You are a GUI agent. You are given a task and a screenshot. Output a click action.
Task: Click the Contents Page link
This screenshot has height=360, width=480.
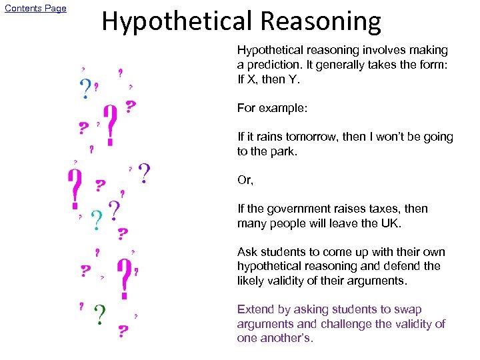35,9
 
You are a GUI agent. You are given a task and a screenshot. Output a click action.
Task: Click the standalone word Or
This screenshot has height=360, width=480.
245,180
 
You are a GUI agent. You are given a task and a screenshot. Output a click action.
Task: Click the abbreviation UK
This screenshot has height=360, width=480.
390,223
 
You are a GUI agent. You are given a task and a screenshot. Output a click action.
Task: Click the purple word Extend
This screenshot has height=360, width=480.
255,309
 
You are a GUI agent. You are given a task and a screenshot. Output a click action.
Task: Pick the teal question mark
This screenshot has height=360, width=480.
97,219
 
